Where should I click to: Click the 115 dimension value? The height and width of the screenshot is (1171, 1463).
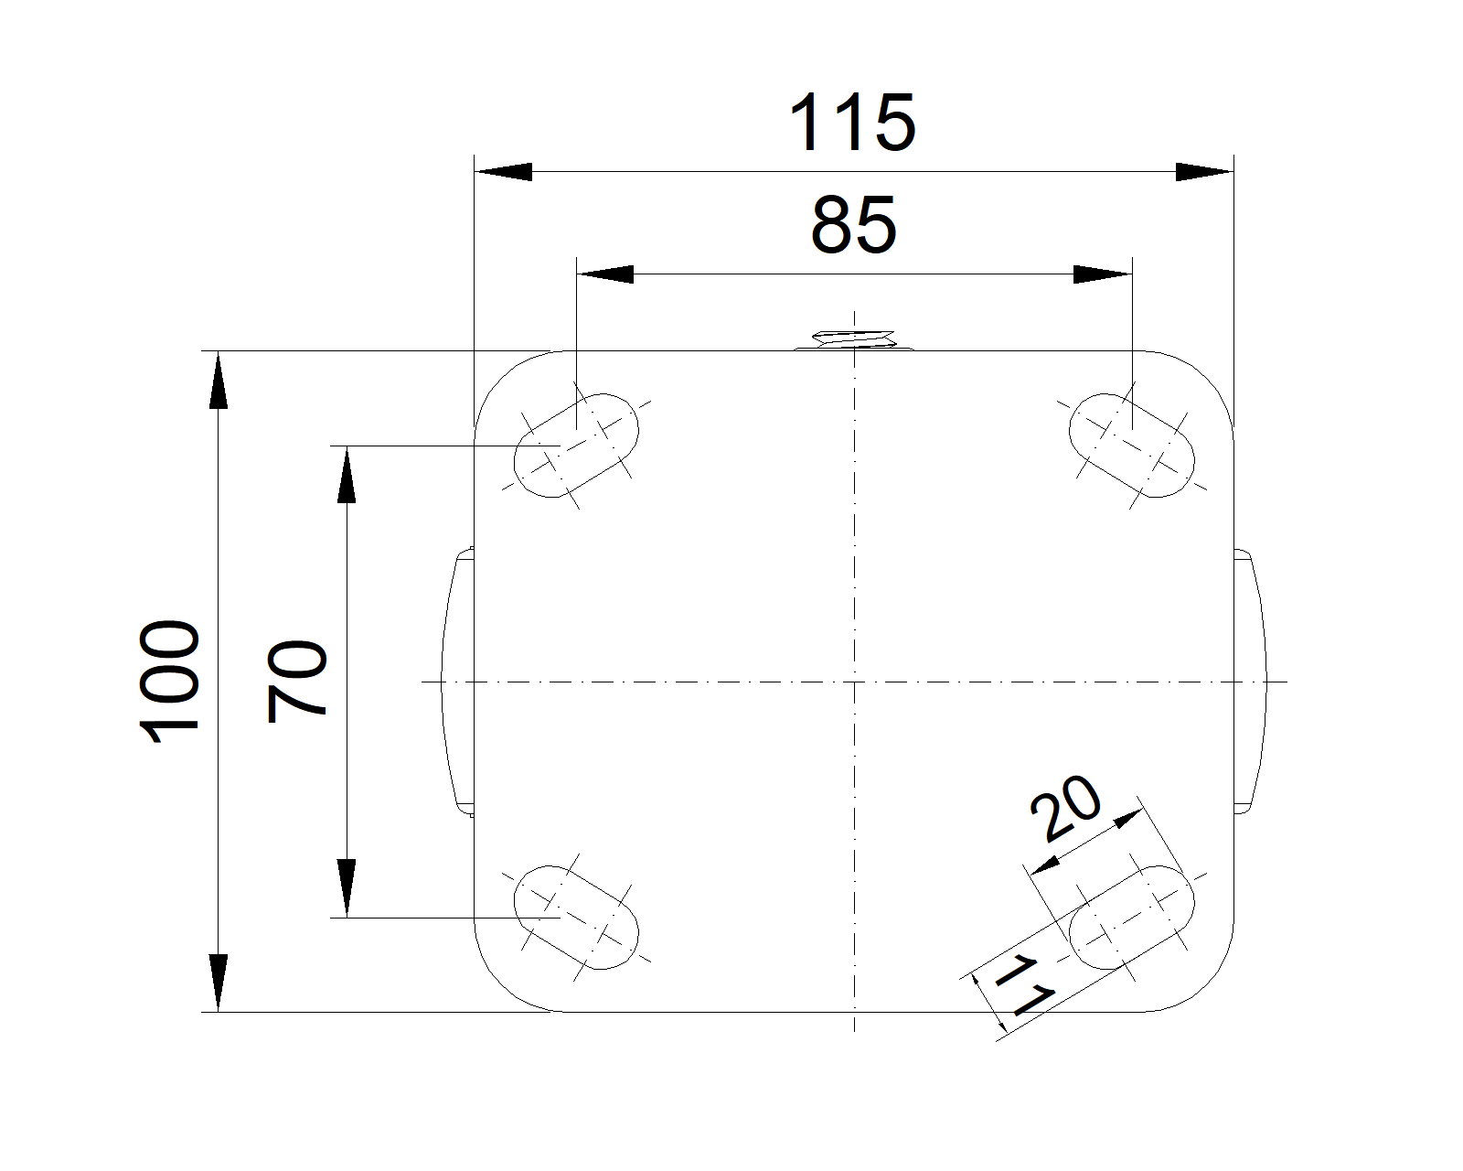pos(852,123)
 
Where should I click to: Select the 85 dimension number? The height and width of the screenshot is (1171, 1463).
pos(854,225)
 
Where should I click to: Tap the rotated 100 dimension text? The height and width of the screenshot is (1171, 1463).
pos(169,681)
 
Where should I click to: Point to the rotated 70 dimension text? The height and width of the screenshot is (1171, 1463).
pos(297,681)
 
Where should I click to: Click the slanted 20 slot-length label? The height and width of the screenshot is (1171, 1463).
pos(1065,807)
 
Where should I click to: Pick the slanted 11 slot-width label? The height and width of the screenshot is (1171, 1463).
pos(1024,985)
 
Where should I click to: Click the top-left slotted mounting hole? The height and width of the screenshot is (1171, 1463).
pos(576,446)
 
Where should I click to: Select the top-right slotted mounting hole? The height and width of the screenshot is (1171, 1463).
pos(1132,446)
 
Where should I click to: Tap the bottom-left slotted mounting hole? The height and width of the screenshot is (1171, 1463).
pos(576,918)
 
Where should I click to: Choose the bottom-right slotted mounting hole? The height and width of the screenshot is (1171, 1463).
pos(1132,918)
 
